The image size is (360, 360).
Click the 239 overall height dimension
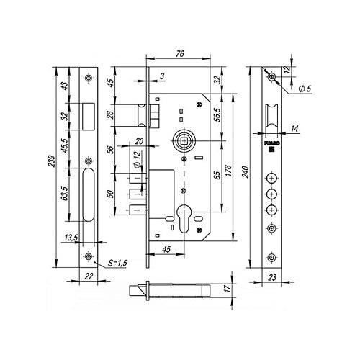click(x=53, y=161)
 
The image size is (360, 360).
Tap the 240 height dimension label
click(x=246, y=171)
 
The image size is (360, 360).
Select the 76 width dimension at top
click(x=179, y=54)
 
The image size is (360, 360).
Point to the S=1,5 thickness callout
click(x=117, y=263)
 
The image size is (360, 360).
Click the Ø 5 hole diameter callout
click(x=305, y=89)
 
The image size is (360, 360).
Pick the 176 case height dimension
click(x=228, y=171)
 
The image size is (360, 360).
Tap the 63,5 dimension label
click(x=65, y=194)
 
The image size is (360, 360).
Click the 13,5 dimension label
click(x=71, y=238)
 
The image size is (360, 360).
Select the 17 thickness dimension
click(x=228, y=288)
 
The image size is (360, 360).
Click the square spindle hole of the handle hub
click(x=184, y=141)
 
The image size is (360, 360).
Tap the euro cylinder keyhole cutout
click(x=184, y=218)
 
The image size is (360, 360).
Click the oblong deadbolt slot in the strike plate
click(x=89, y=194)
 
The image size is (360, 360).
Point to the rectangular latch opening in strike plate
click(x=89, y=117)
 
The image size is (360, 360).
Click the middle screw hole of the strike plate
click(x=89, y=161)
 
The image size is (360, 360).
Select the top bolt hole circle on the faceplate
click(x=271, y=179)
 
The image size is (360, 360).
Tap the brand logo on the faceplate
click(x=272, y=146)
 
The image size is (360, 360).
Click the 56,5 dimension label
click(x=217, y=114)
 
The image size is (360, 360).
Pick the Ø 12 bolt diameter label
click(x=137, y=159)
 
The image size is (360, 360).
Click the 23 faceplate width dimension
click(x=272, y=278)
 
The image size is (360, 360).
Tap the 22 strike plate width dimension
click(x=89, y=276)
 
